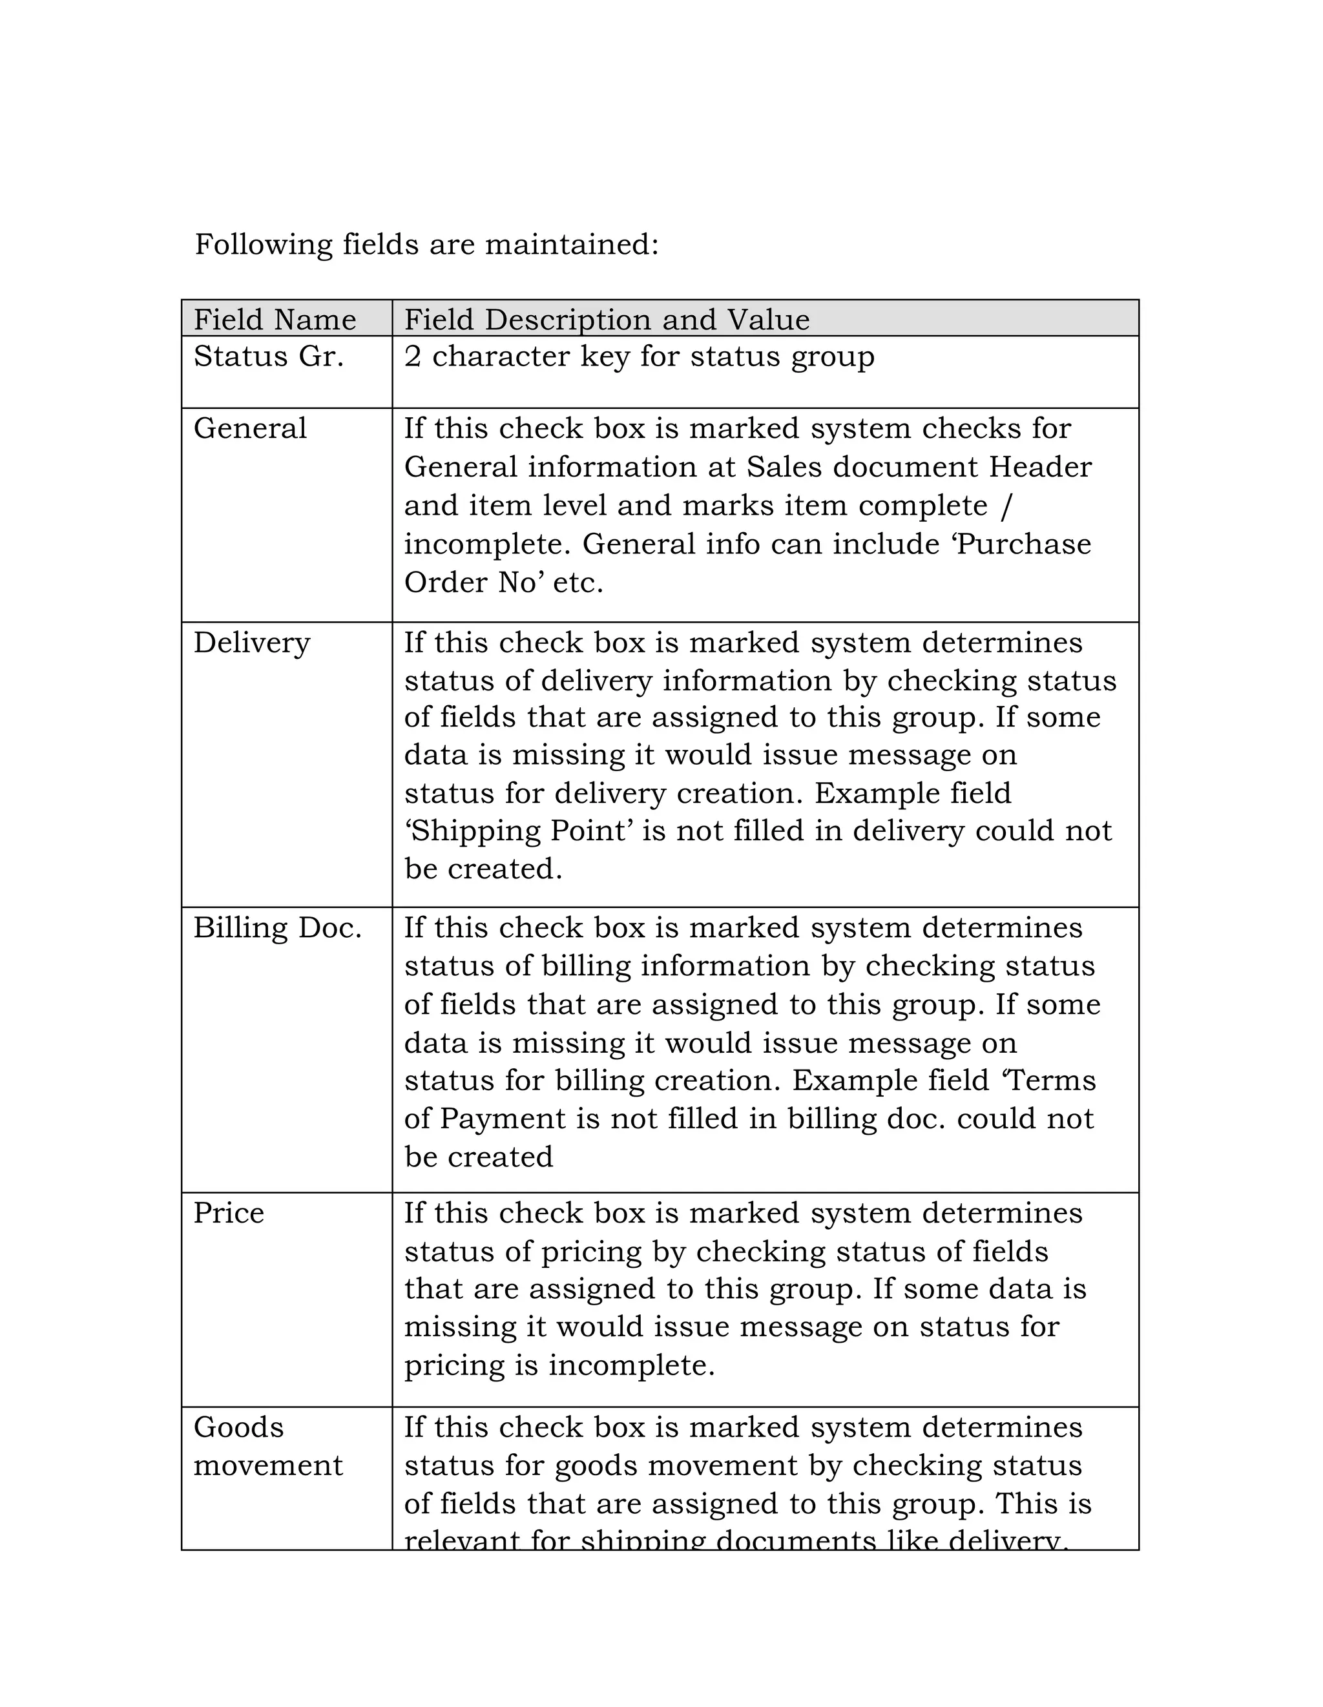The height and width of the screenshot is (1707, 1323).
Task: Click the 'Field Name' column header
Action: tap(275, 320)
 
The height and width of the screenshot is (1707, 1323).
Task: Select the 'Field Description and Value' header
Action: tap(607, 320)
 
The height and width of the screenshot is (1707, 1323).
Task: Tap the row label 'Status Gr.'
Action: tap(268, 357)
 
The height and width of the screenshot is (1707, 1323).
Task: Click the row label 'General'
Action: tap(250, 428)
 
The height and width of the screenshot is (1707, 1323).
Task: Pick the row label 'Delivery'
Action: tap(252, 643)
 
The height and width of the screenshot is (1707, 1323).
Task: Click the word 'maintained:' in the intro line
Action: tap(572, 245)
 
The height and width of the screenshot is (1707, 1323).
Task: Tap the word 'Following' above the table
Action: tap(264, 245)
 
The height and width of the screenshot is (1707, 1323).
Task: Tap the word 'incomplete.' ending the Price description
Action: tap(631, 1365)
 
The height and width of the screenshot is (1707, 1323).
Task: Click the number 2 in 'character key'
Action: tap(413, 357)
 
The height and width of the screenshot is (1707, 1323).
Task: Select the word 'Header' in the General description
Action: tap(1040, 468)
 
